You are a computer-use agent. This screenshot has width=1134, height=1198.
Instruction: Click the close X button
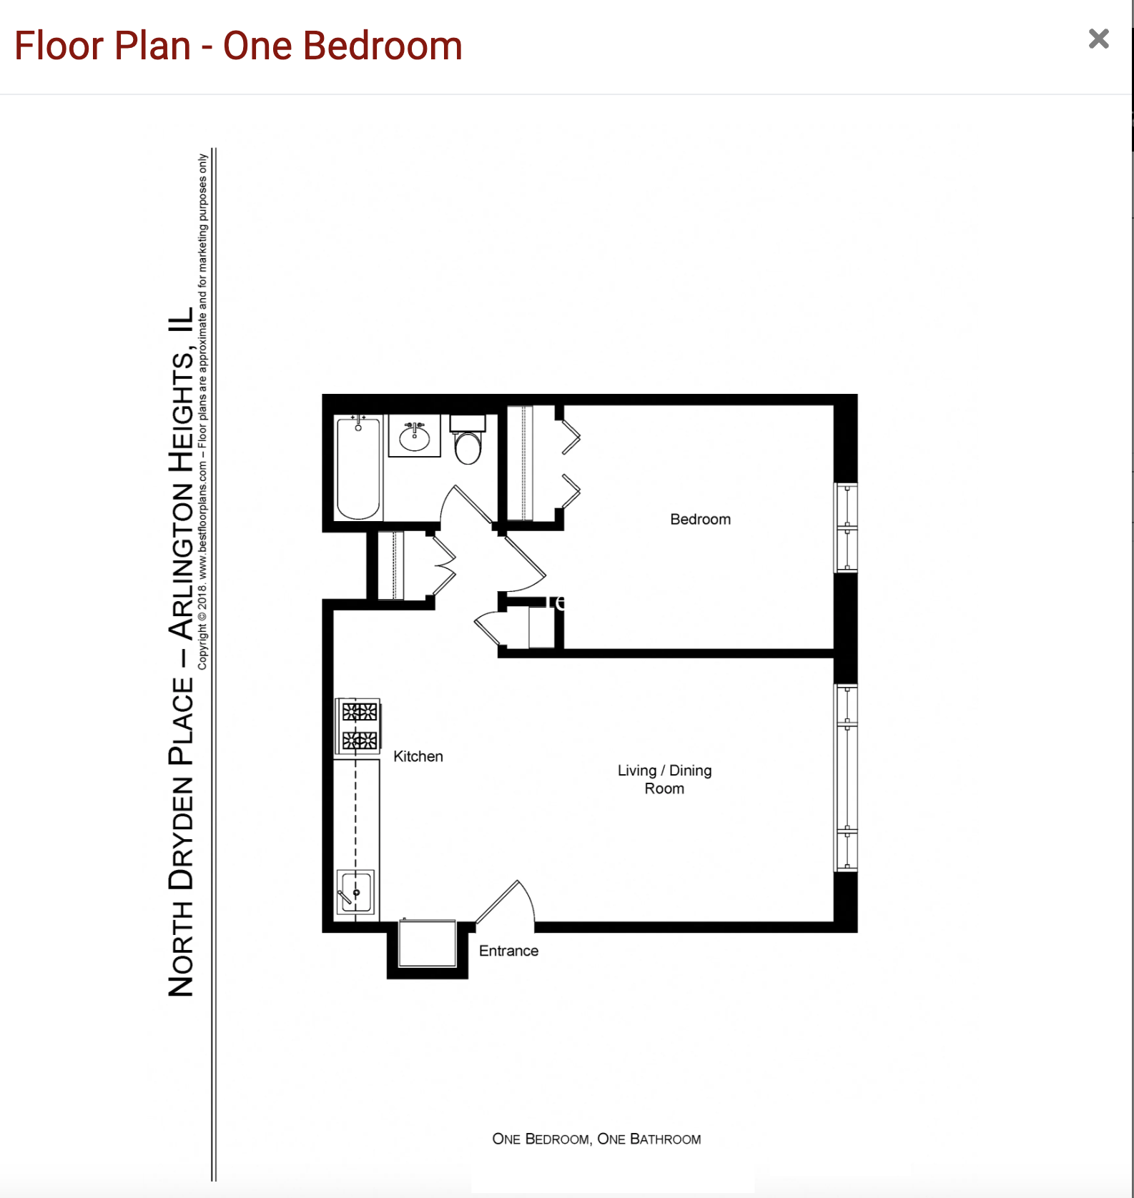tap(1098, 39)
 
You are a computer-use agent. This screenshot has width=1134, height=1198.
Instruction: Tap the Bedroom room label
tap(700, 520)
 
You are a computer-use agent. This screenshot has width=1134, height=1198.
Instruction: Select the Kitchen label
tap(418, 756)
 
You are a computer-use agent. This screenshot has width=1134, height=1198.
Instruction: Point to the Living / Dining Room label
tap(664, 779)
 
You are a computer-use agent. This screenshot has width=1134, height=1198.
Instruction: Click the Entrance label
tap(508, 951)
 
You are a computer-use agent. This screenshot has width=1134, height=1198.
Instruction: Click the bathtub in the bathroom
tap(358, 468)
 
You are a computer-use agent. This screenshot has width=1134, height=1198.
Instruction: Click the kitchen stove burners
tap(359, 726)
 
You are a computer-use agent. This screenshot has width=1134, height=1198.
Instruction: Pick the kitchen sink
tap(355, 891)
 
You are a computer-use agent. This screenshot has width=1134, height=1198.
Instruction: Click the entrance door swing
tap(509, 902)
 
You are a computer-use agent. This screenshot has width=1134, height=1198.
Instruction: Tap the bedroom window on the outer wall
tap(847, 528)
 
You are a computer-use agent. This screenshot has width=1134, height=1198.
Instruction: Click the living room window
tap(847, 778)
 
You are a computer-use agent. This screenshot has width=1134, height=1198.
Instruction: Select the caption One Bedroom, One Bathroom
tap(596, 1139)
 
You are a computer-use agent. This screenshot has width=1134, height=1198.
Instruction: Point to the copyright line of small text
tap(202, 412)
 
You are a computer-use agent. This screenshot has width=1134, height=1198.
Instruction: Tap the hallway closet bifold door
tap(443, 565)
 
